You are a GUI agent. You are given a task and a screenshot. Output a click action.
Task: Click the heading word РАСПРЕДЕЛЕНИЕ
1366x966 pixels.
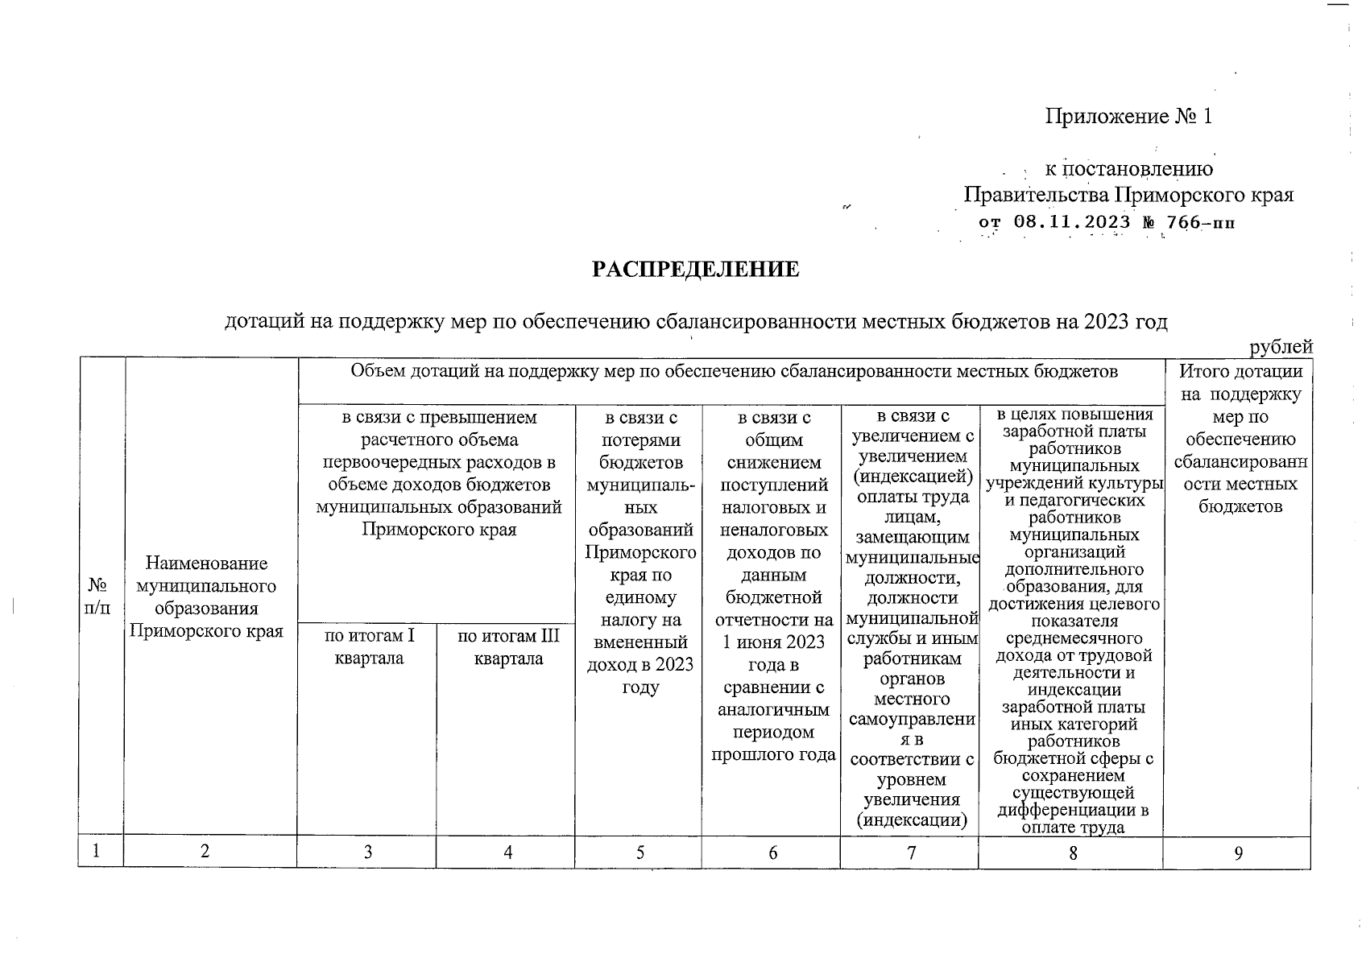click(696, 270)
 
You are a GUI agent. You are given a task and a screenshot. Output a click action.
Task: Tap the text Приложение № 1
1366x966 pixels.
click(1128, 117)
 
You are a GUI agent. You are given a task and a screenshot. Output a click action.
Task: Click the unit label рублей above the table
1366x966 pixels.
click(1281, 347)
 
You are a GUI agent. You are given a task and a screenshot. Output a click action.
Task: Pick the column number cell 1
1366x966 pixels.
click(97, 852)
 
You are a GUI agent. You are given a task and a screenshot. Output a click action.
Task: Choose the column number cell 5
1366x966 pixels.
click(640, 852)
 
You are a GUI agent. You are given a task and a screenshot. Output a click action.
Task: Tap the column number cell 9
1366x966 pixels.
click(1238, 852)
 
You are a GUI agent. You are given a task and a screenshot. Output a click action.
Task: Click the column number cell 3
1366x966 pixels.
click(368, 852)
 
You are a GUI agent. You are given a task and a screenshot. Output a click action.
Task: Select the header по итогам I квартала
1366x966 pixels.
click(368, 647)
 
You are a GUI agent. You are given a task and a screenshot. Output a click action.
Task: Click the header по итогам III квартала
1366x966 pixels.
click(507, 647)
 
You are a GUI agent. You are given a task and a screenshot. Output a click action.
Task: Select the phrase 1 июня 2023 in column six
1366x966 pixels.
click(772, 642)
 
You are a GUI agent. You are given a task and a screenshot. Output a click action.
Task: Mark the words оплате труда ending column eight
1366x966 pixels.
click(1072, 828)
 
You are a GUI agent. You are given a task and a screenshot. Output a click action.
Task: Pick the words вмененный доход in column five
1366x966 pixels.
click(640, 654)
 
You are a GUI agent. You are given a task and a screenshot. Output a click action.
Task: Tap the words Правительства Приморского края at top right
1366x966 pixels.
click(1128, 196)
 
